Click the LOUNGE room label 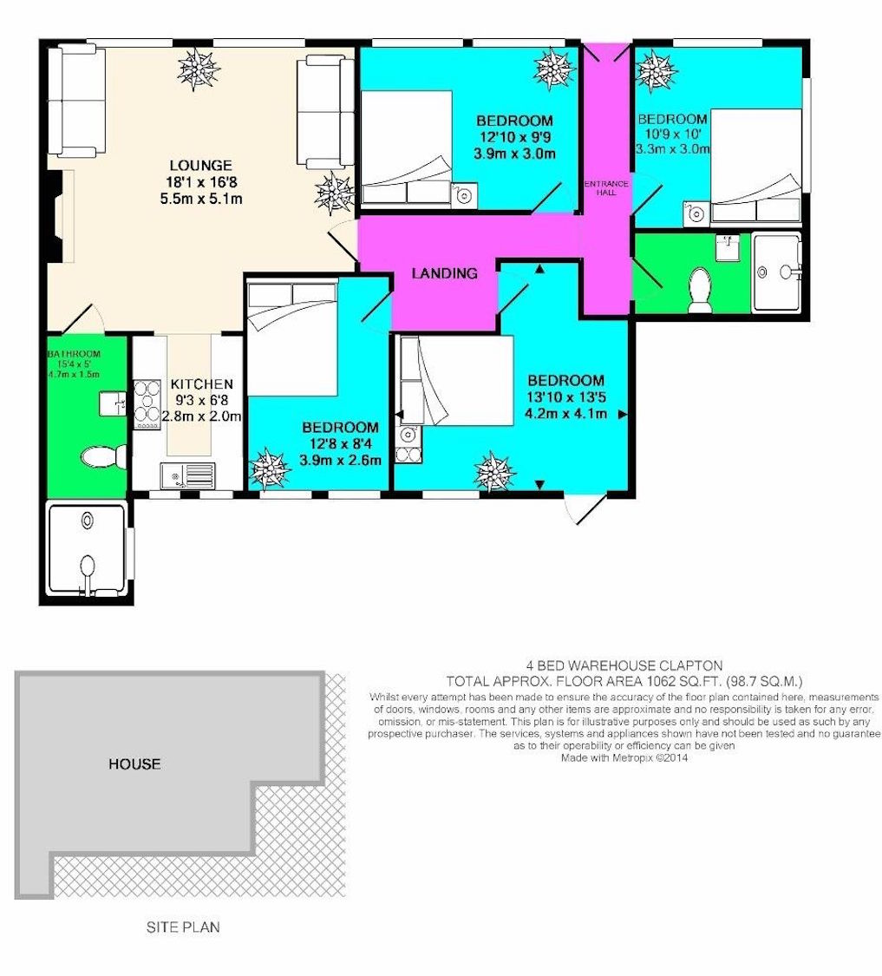(x=200, y=166)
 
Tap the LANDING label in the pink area (x=444, y=273)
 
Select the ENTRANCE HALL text (x=606, y=188)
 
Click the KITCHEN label (x=202, y=384)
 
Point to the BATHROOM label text (x=74, y=354)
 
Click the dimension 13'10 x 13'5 (x=565, y=397)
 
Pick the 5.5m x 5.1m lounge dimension (x=200, y=200)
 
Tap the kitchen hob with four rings (x=147, y=404)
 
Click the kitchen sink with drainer (x=187, y=476)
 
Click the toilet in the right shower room (x=701, y=290)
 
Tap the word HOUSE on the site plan (x=134, y=763)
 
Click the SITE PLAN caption (x=183, y=927)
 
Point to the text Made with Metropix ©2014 (x=624, y=758)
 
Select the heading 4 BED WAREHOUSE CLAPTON (x=624, y=665)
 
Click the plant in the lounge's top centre (x=199, y=69)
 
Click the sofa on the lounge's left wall (x=77, y=102)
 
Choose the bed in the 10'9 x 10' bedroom (x=755, y=166)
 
